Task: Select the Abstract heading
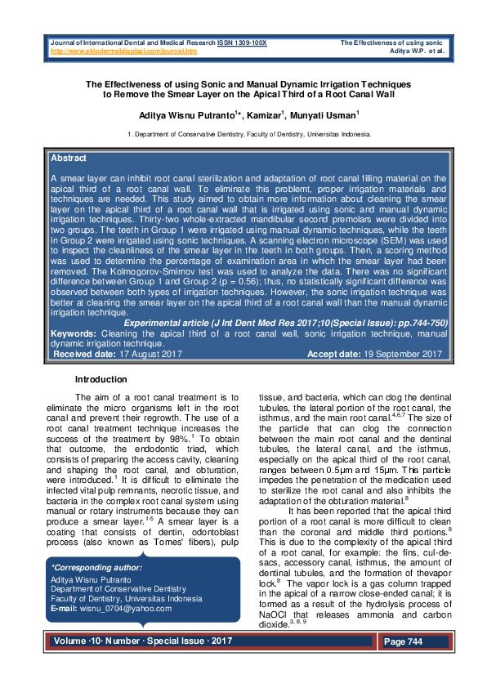point(69,158)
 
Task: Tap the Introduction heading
point(101,379)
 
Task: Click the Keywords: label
point(72,357)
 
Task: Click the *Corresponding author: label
point(96,567)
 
